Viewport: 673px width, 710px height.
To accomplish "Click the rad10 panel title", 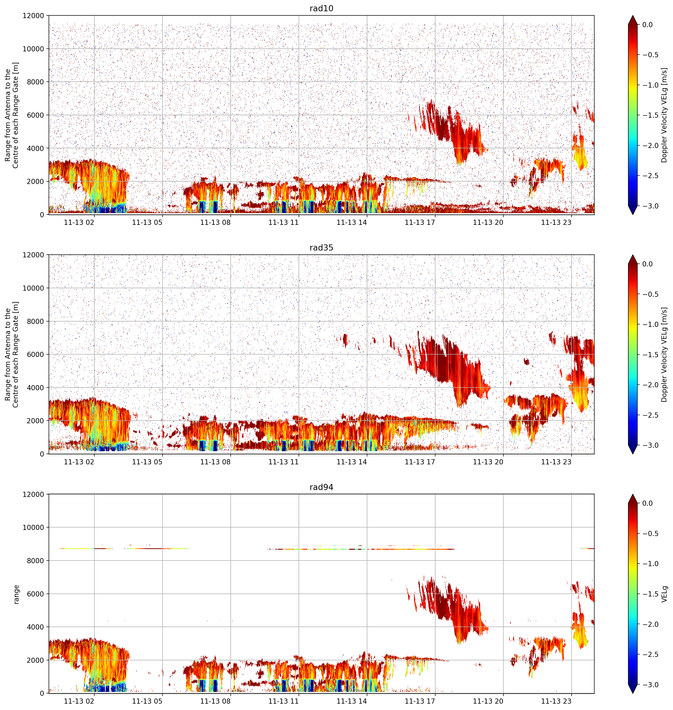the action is pos(321,8).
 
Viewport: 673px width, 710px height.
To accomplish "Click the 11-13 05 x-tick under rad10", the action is pos(147,222).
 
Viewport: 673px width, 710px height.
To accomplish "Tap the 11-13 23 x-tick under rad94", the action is pos(556,701).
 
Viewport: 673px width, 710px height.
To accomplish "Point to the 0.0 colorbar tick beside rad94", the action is pos(648,504).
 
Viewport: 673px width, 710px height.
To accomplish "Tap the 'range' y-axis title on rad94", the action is pos(16,594).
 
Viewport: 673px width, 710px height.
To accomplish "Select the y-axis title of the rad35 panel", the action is pos(12,355).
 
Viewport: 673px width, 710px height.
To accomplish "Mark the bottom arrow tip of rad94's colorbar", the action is pos(633,693).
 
